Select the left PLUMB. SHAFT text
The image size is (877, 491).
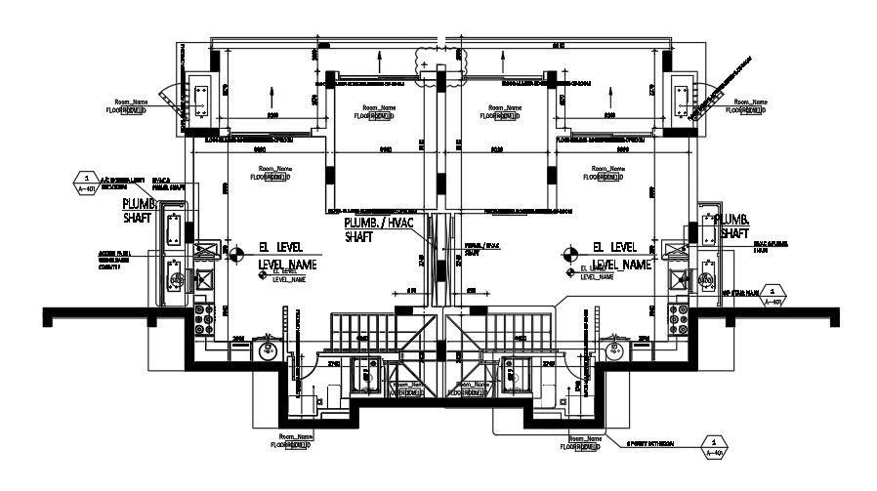pyautogui.click(x=137, y=212)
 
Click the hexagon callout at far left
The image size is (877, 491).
pyautogui.click(x=87, y=180)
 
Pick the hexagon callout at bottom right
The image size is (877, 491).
pyautogui.click(x=715, y=447)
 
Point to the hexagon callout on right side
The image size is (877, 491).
pyautogui.click(x=773, y=295)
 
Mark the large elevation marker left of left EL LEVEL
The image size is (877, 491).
pyautogui.click(x=233, y=254)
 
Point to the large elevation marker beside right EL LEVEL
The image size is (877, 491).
pyautogui.click(x=569, y=254)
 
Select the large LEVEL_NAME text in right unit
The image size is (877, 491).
pyautogui.click(x=623, y=265)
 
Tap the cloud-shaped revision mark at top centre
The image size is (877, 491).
pyautogui.click(x=430, y=60)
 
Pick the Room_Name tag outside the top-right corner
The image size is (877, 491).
pyautogui.click(x=750, y=106)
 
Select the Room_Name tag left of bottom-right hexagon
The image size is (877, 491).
pyautogui.click(x=584, y=442)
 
